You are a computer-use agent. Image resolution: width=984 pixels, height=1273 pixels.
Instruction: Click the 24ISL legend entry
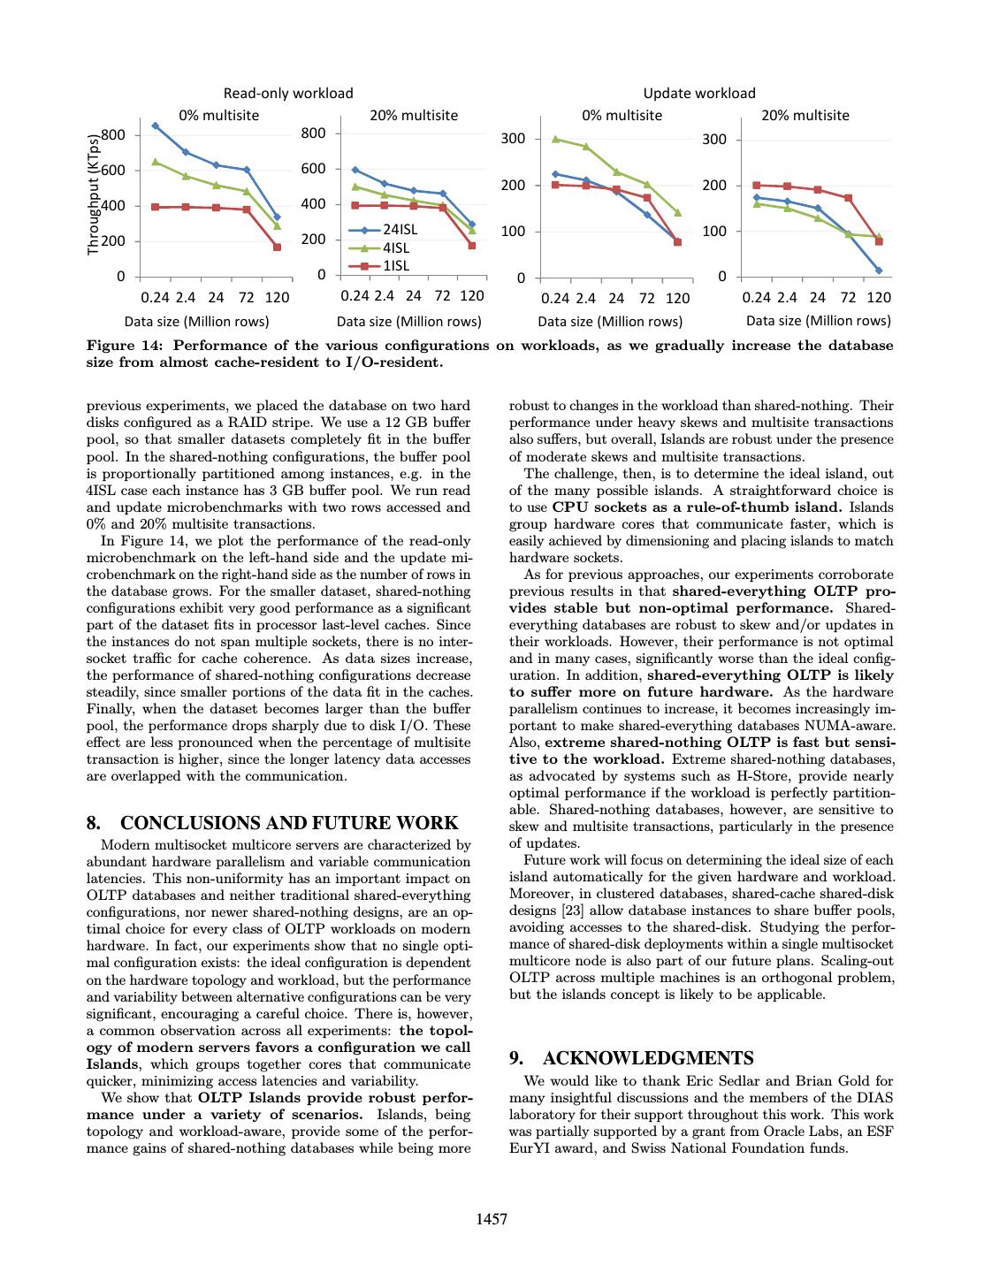point(399,229)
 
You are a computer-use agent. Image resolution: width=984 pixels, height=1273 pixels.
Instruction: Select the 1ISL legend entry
point(395,265)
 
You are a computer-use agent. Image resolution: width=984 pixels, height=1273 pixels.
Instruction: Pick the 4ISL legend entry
point(395,248)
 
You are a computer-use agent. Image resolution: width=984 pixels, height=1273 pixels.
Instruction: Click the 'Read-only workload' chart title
point(287,93)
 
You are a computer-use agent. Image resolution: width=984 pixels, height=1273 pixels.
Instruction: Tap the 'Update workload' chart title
point(698,93)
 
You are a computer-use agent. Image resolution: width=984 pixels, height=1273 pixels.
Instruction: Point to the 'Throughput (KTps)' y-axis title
point(93,194)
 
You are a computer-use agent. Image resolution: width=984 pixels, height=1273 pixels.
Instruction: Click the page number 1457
point(492,1219)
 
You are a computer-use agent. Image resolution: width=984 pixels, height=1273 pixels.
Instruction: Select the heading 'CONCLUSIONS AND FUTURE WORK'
point(288,823)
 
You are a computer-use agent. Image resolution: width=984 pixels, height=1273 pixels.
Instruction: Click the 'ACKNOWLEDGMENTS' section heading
point(647,1058)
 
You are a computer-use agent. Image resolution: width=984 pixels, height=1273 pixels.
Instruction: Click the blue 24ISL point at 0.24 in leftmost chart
point(156,126)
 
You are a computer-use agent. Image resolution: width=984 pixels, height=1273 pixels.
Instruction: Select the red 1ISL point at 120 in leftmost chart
point(277,247)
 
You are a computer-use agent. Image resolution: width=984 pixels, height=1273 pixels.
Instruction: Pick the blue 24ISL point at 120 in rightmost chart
point(878,271)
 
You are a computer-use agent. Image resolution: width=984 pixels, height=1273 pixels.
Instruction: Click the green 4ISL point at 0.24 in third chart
point(555,139)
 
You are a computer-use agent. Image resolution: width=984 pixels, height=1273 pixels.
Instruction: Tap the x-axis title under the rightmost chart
point(818,321)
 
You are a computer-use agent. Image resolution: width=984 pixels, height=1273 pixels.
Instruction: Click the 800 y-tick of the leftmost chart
point(113,135)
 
